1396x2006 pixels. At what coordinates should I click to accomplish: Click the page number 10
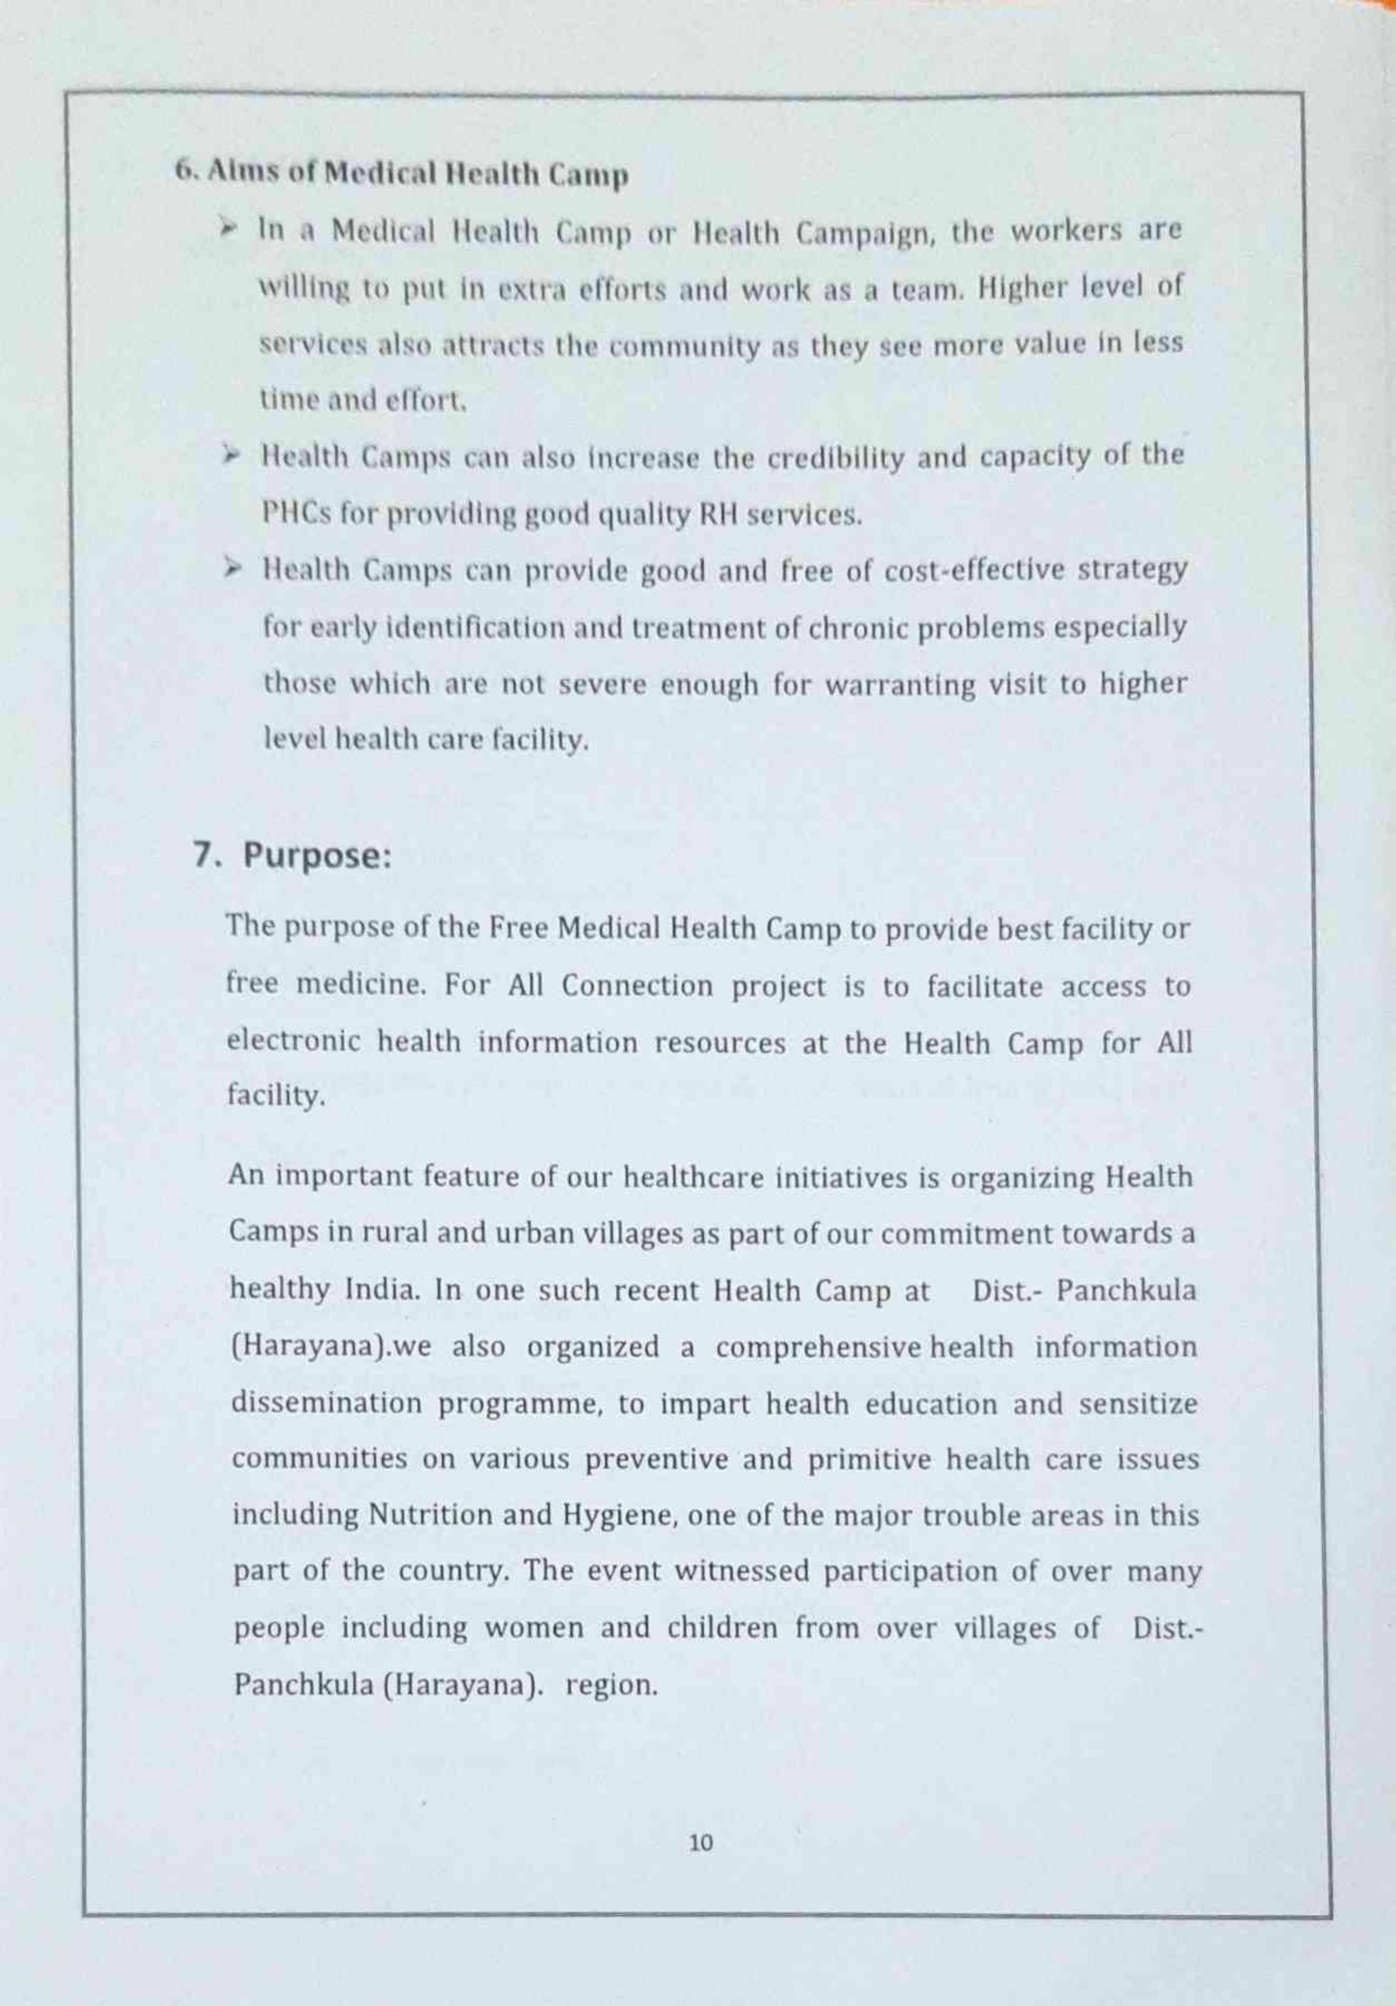[701, 1844]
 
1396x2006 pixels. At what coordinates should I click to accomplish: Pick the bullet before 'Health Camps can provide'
[232, 569]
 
